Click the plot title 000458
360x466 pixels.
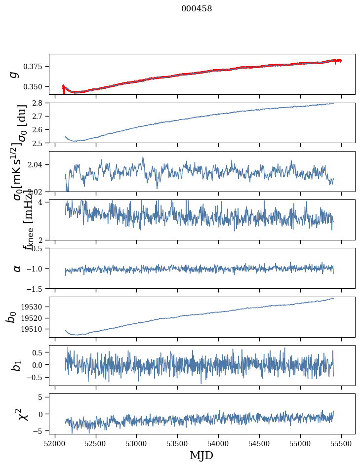[x=197, y=9]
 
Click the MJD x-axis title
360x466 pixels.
[x=201, y=456]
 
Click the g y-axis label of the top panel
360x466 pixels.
[x=15, y=74]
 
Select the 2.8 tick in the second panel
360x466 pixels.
[x=41, y=103]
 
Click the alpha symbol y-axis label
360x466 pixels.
[x=17, y=268]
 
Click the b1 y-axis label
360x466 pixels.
[x=17, y=366]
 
